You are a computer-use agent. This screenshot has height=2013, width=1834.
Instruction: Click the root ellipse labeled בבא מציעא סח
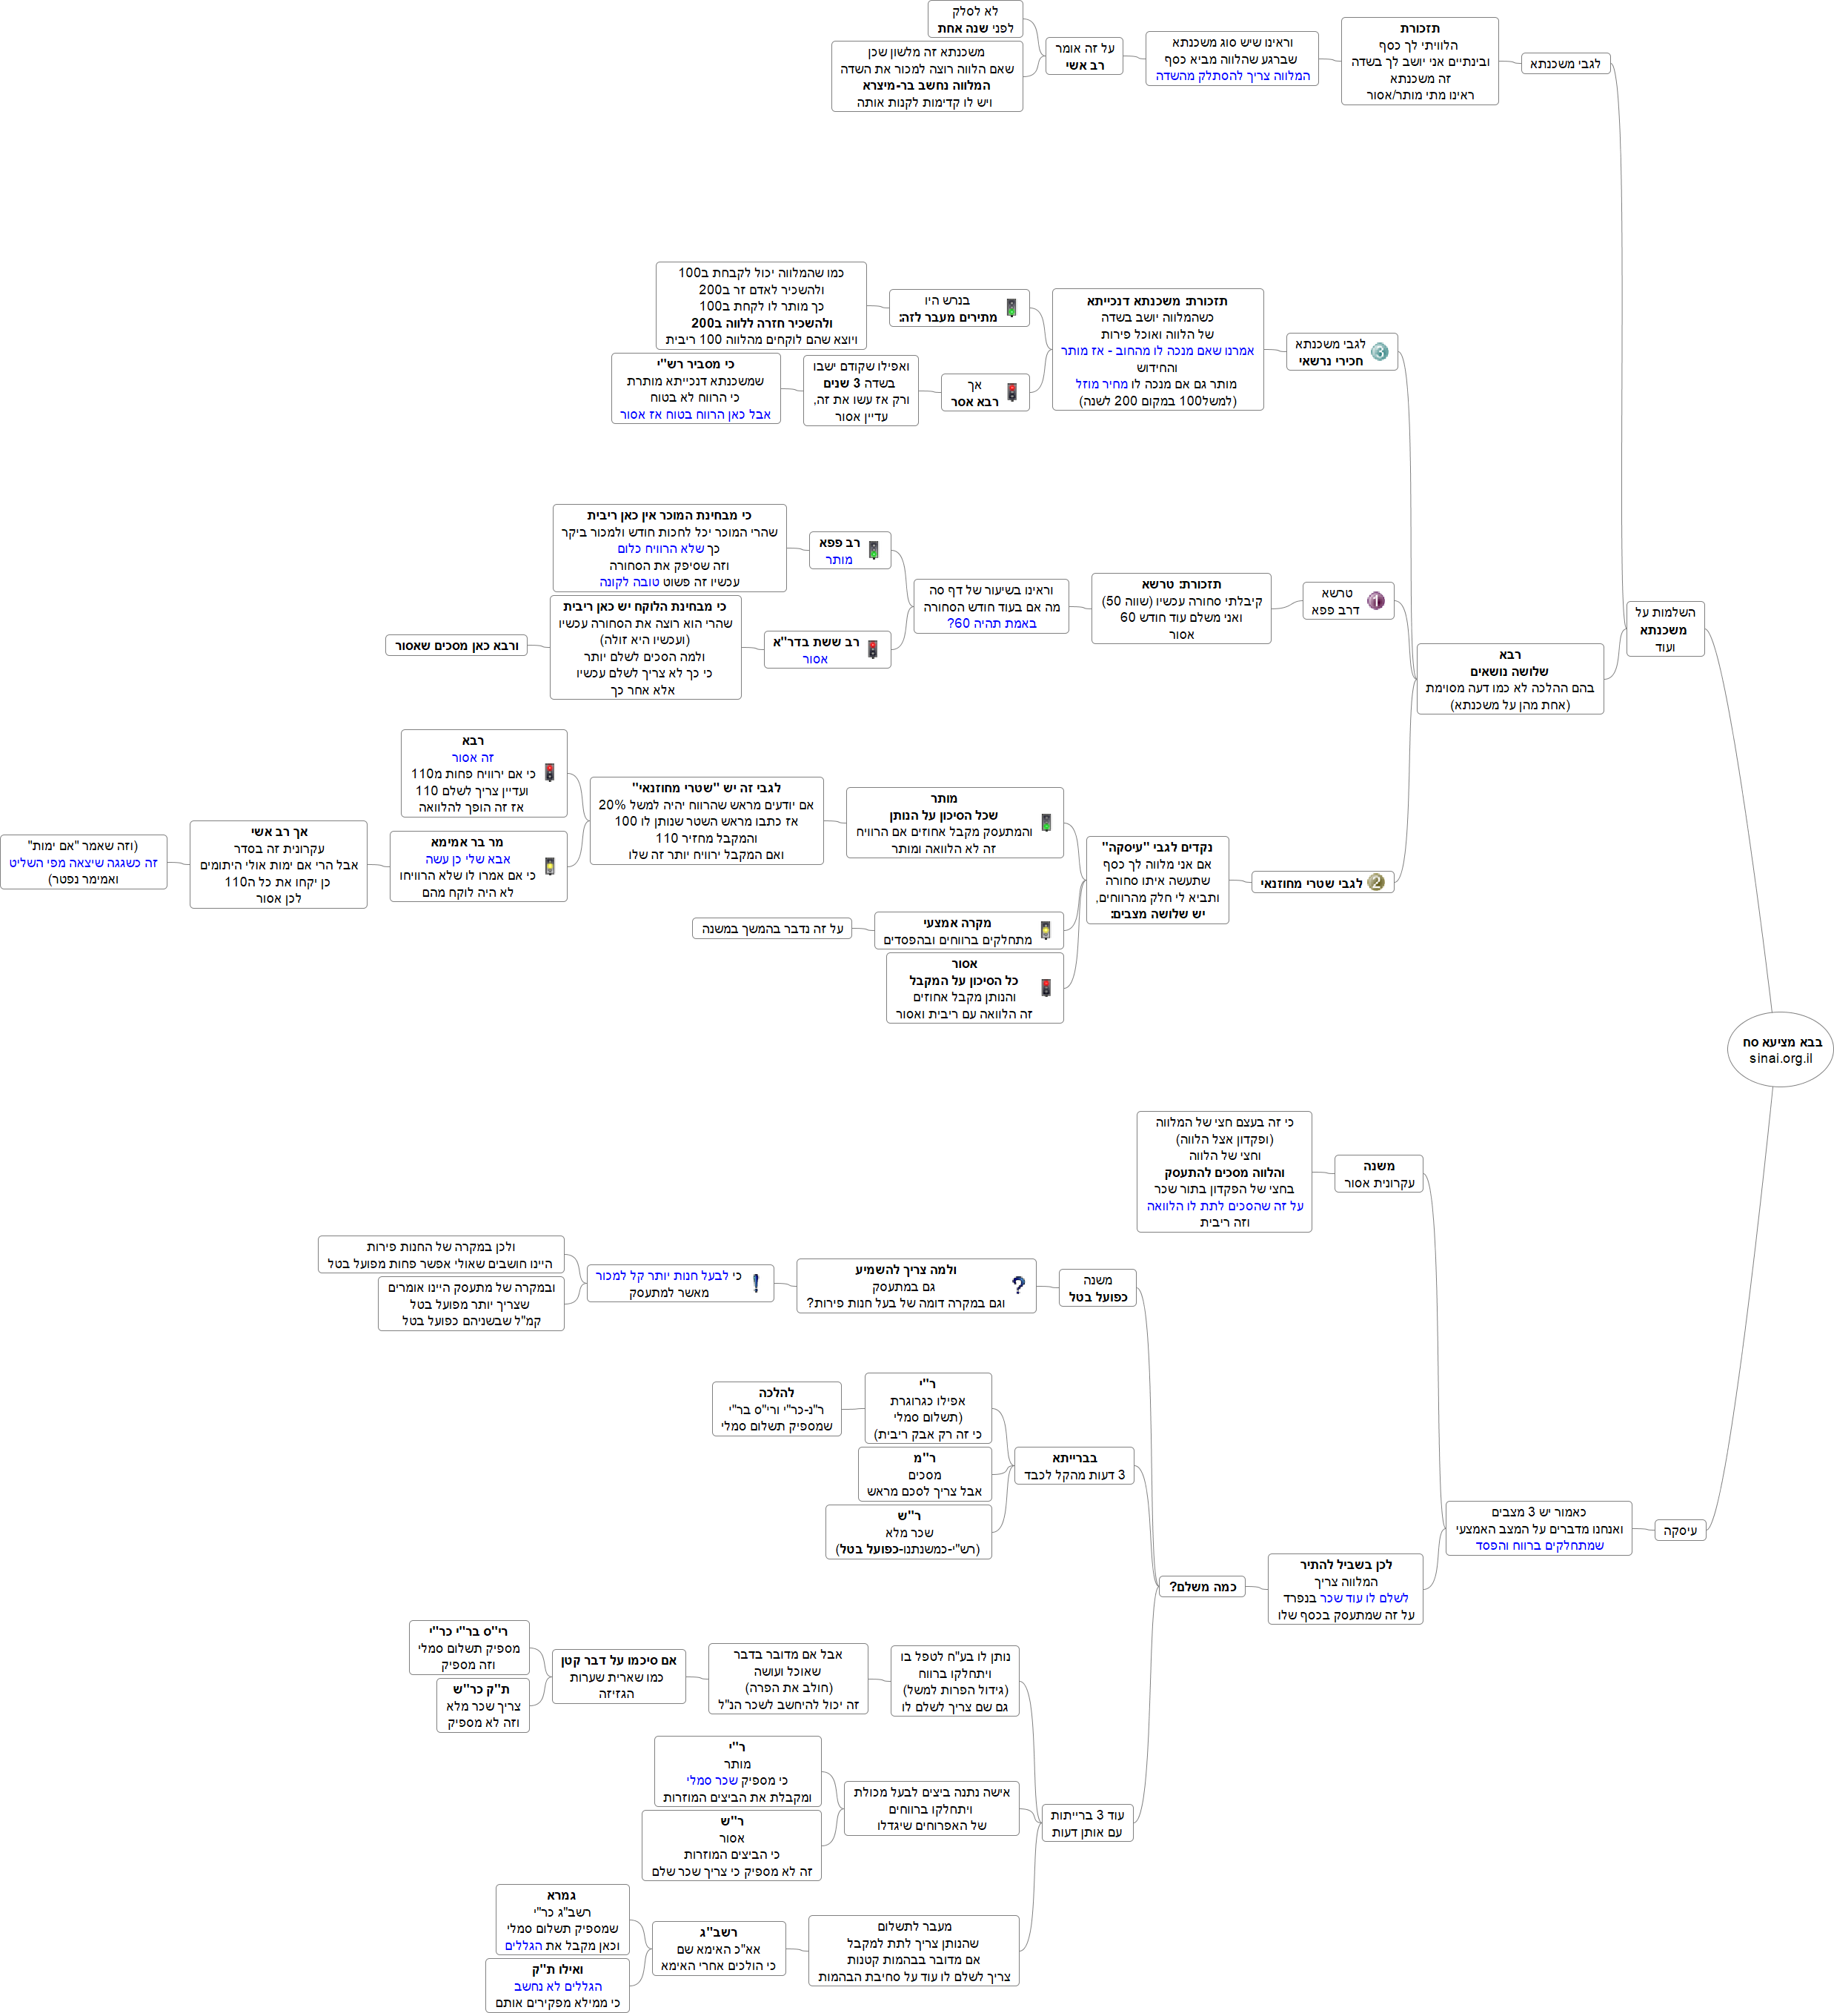pos(1780,1049)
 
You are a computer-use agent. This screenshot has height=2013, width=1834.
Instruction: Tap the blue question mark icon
pos(1017,1286)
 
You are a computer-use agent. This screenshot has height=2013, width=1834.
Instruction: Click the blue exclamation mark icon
pos(756,1283)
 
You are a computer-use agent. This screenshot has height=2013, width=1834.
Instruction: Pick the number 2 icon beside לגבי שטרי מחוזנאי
pos(1376,883)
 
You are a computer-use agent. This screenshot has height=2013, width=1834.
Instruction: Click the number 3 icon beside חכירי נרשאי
pos(1379,351)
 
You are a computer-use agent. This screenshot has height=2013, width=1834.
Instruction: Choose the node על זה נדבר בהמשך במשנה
pos(771,929)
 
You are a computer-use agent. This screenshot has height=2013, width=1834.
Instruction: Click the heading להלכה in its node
pos(777,1393)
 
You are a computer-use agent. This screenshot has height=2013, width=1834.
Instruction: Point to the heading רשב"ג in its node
pos(719,1932)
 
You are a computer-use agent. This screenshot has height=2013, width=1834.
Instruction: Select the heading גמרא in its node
pos(561,1895)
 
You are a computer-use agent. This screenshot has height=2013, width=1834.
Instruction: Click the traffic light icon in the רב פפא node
pos(874,550)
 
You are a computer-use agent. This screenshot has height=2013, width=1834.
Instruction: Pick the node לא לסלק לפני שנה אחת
pos(974,20)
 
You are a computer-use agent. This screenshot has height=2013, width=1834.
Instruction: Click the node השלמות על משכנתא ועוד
pos(1664,629)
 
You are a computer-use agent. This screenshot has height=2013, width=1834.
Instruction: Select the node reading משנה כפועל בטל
pos(1097,1288)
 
